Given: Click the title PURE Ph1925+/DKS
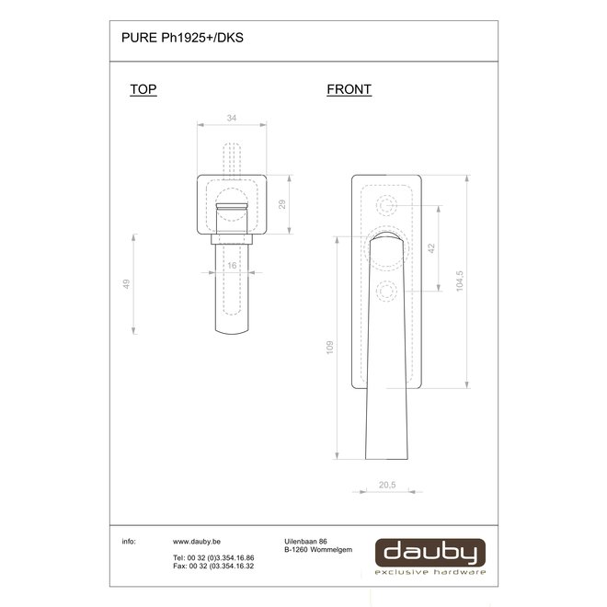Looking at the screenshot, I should [x=182, y=40].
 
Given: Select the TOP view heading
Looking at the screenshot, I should [x=143, y=89].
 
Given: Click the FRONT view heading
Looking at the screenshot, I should [x=349, y=89].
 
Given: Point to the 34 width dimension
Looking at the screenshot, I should [x=231, y=118].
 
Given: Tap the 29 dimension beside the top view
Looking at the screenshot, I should [x=283, y=203].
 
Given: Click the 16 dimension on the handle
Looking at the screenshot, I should [x=232, y=265].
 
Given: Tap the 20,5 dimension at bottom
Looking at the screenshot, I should [x=387, y=484].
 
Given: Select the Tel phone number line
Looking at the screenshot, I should [x=212, y=558].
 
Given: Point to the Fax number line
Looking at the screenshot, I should [x=212, y=567].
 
